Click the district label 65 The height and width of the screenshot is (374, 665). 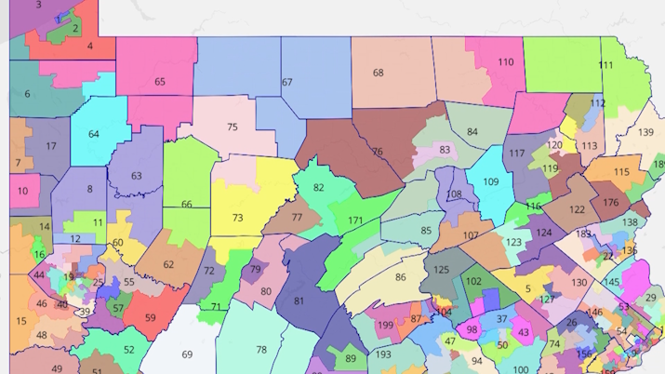[160, 82]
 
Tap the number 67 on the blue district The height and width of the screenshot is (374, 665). [287, 83]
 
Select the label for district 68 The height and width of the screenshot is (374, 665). [379, 73]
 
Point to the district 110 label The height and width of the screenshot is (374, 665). [505, 62]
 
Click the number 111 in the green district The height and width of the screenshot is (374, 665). [605, 65]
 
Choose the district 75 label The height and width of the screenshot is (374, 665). [232, 127]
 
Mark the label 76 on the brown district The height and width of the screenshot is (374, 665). [377, 152]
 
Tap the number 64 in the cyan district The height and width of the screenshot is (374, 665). [94, 134]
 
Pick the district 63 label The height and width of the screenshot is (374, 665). [137, 176]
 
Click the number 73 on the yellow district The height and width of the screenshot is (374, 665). [238, 218]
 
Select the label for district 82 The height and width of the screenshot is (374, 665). [319, 188]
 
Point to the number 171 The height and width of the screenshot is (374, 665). [355, 220]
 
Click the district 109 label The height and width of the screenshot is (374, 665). [491, 182]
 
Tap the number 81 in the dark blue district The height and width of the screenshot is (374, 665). [299, 301]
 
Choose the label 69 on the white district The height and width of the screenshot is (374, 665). [187, 354]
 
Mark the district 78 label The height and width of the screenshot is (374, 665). [261, 350]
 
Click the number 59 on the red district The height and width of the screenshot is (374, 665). [150, 318]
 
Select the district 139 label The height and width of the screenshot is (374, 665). [646, 132]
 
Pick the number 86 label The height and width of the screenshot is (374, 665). [400, 277]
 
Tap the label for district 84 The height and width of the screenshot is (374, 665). [472, 132]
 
